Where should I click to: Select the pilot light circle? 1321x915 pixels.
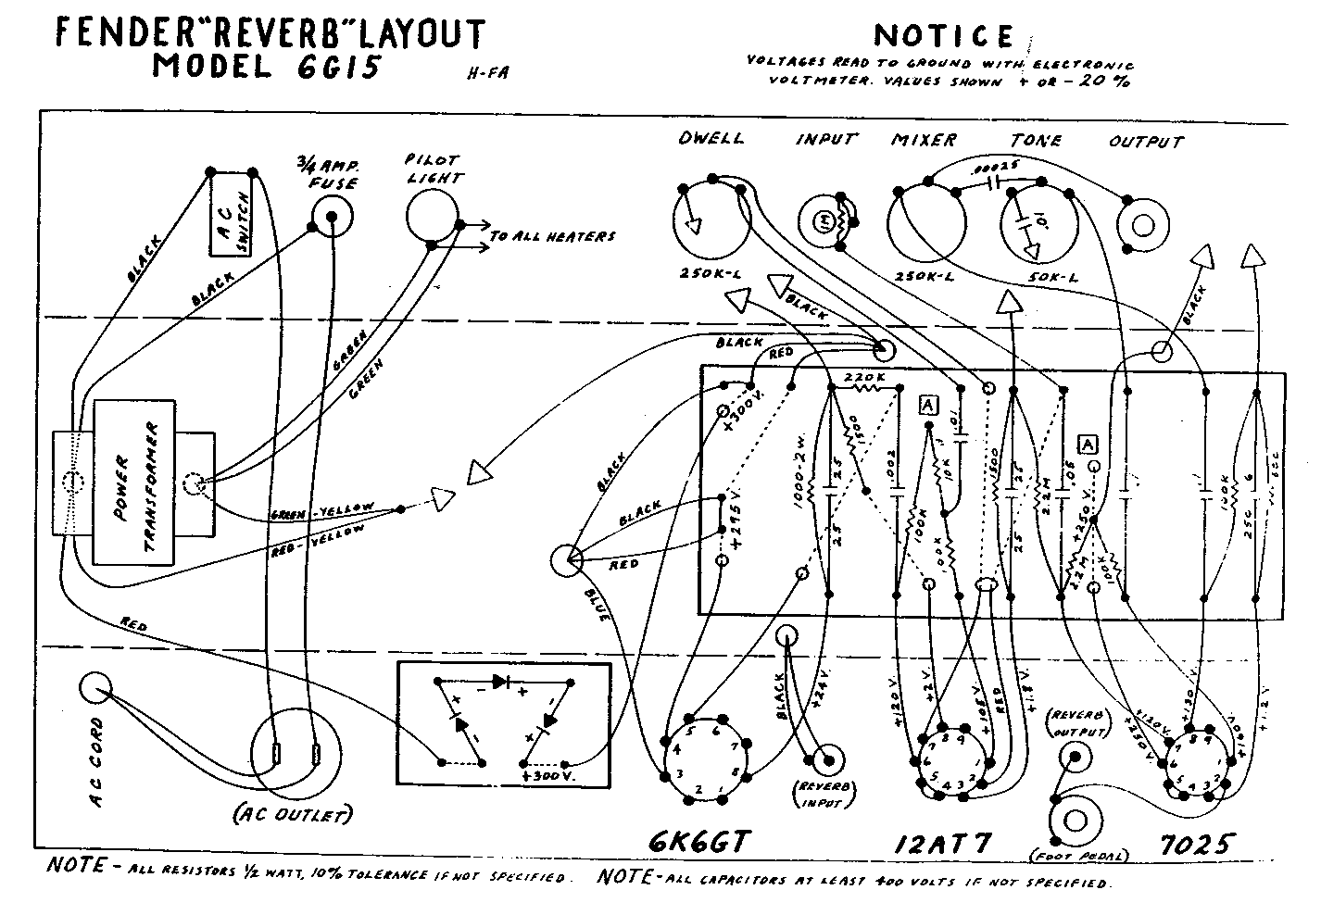tap(433, 216)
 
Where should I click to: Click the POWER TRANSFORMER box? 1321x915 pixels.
tap(152, 482)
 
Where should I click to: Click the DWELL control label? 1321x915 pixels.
tap(711, 138)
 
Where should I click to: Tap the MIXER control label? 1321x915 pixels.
tap(924, 140)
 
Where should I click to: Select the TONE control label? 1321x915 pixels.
tap(1036, 140)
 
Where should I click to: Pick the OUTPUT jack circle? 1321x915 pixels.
tap(1142, 225)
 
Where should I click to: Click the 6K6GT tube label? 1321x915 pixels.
tap(698, 841)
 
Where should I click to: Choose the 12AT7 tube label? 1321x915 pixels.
tap(943, 845)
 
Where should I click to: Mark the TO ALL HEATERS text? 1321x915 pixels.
tap(551, 237)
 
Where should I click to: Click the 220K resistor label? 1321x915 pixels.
tap(864, 380)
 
